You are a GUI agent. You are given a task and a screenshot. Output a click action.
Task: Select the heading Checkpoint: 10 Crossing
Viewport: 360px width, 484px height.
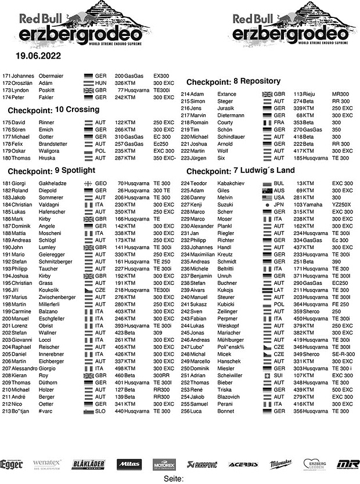pyautogui.click(x=46, y=110)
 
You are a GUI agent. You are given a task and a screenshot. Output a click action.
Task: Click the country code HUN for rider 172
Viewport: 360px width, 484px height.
pyautogui.click(x=100, y=84)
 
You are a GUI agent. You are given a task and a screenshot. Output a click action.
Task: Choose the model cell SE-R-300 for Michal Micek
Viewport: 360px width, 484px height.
pyautogui.click(x=343, y=354)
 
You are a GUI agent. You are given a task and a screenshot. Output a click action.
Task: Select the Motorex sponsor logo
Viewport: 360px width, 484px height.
pyautogui.click(x=165, y=464)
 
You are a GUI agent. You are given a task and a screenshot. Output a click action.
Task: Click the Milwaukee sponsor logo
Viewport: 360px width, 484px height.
pyautogui.click(x=280, y=464)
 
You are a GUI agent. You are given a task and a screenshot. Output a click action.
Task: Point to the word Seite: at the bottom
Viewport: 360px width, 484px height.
pyautogui.click(x=174, y=479)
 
